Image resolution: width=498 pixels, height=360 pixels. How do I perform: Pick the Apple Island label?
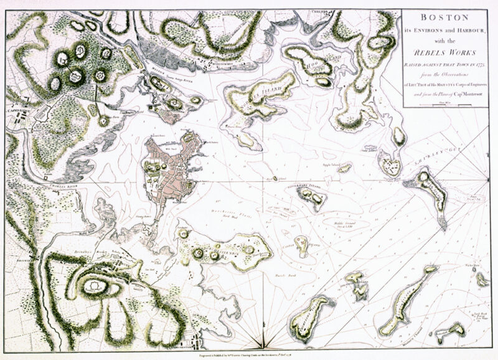(x=329, y=166)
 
